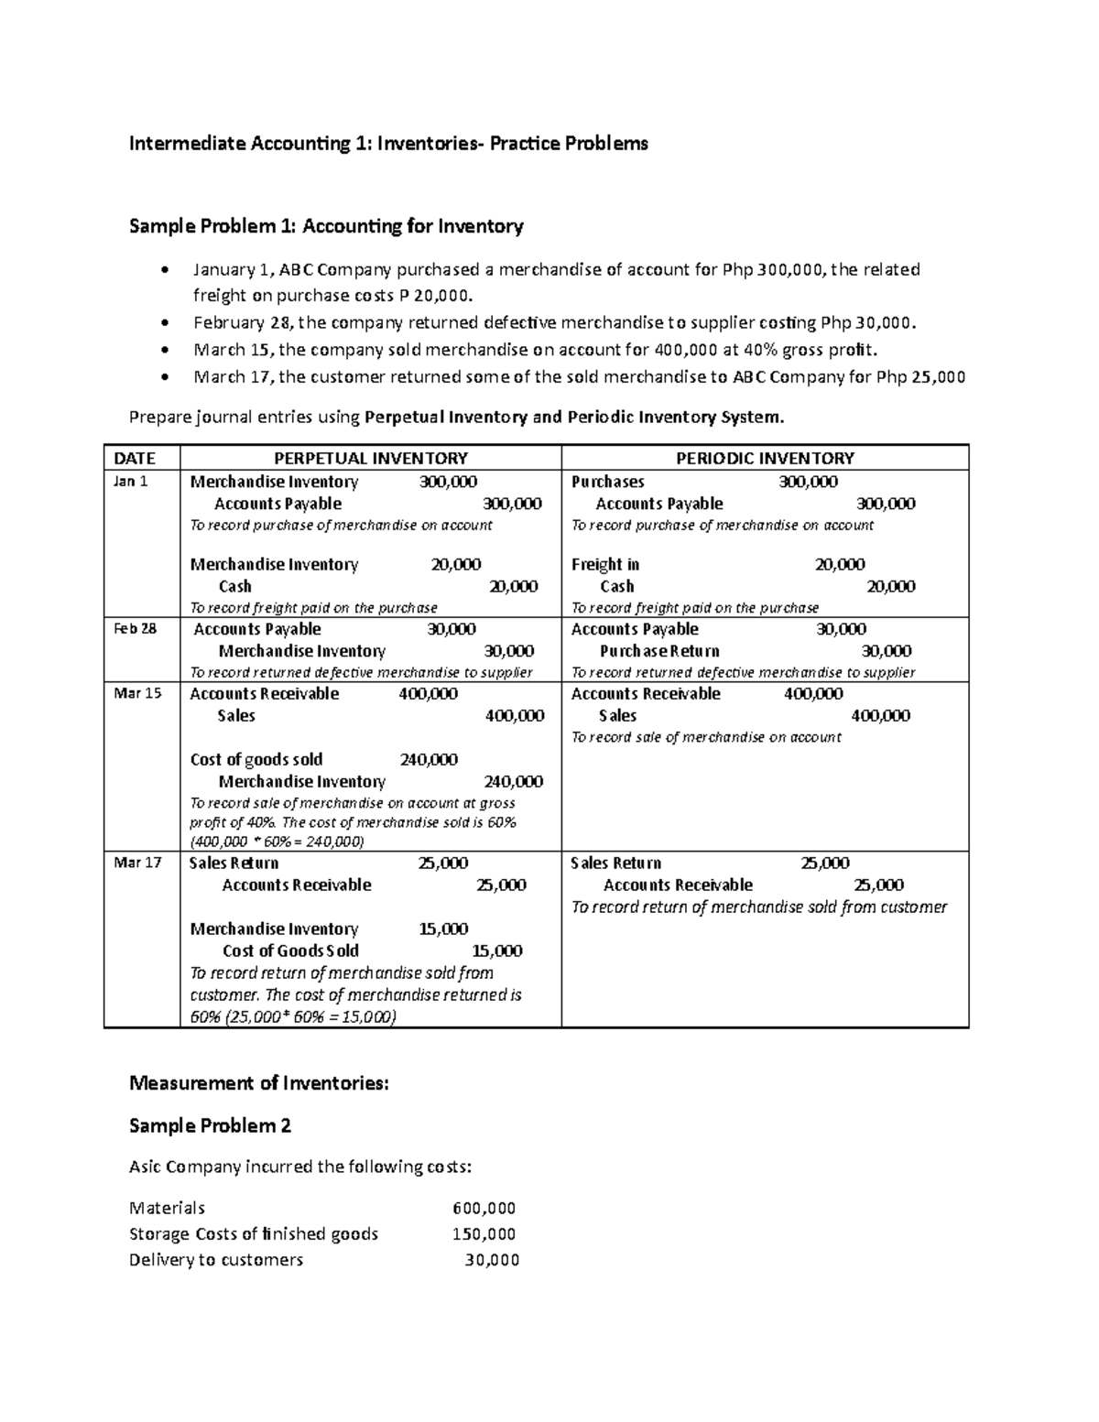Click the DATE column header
pyautogui.click(x=134, y=458)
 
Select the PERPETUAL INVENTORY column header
pyautogui.click(x=371, y=458)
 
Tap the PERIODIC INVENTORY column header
pyautogui.click(x=765, y=458)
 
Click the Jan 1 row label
pyautogui.click(x=129, y=482)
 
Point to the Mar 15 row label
pyautogui.click(x=136, y=693)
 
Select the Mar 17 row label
pyautogui.click(x=136, y=863)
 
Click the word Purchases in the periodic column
pyautogui.click(x=607, y=482)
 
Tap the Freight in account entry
pyautogui.click(x=604, y=564)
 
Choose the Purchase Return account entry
pyautogui.click(x=659, y=651)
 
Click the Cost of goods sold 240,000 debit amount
pyautogui.click(x=429, y=759)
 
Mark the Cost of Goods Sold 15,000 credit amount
pyautogui.click(x=496, y=950)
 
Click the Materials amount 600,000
pyautogui.click(x=484, y=1208)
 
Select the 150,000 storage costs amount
pyautogui.click(x=484, y=1233)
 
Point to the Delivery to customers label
pyautogui.click(x=216, y=1260)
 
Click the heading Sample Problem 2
pyautogui.click(x=210, y=1125)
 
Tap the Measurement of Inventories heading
pyautogui.click(x=259, y=1083)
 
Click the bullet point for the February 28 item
pyautogui.click(x=164, y=323)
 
